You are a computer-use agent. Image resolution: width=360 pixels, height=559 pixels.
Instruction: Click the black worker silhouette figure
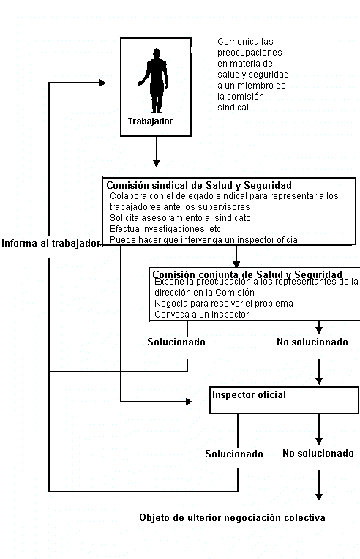click(154, 80)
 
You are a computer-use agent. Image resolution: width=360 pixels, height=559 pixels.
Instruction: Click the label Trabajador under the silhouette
click(150, 121)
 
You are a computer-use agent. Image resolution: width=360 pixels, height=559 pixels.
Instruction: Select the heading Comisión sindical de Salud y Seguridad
click(199, 185)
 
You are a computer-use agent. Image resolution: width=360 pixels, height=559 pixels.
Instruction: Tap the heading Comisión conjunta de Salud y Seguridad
click(247, 274)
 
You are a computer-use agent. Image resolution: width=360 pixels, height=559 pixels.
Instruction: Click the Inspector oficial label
click(249, 394)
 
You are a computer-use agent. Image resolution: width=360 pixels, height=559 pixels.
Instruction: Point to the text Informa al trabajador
click(51, 243)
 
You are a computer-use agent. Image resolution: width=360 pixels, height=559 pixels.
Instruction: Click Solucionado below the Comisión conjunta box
click(176, 342)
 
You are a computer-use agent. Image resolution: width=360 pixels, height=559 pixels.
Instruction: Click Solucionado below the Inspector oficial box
click(234, 454)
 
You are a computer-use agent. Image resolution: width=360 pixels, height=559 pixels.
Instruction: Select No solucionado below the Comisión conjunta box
click(312, 342)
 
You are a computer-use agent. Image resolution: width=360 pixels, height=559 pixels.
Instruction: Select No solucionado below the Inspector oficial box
click(318, 453)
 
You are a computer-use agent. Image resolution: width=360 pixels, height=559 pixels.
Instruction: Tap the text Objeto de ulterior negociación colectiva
click(232, 517)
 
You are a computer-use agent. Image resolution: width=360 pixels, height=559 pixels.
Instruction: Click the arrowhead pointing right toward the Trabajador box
click(102, 83)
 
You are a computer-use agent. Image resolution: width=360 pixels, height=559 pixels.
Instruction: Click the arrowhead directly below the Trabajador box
click(156, 162)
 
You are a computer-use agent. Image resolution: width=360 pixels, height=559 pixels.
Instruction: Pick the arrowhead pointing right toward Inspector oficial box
click(189, 402)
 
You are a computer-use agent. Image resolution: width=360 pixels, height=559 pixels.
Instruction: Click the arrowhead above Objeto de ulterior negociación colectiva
click(319, 497)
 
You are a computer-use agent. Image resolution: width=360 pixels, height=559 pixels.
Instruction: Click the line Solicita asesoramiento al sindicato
click(180, 218)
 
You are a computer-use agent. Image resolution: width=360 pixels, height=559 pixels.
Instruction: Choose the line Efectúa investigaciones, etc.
click(166, 229)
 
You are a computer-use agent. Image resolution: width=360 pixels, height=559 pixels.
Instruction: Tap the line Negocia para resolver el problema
click(224, 304)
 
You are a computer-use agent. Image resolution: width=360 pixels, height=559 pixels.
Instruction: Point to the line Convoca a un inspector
click(201, 315)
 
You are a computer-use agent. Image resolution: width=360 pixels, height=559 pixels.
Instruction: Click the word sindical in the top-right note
click(233, 108)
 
